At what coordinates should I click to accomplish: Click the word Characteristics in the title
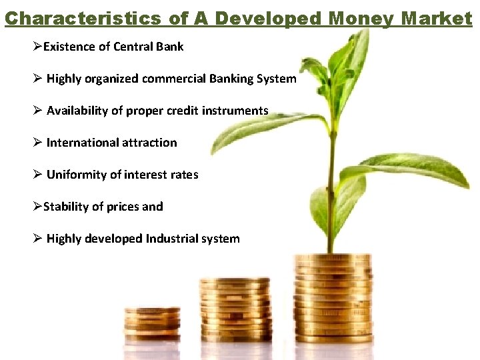tap(82, 18)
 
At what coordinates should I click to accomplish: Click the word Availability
tap(77, 111)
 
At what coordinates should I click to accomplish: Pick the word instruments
tap(236, 111)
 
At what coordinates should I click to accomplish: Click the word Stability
tap(65, 207)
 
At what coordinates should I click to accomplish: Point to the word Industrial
tap(176, 239)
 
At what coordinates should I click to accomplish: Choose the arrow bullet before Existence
tap(37, 47)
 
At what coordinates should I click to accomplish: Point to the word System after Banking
tap(276, 79)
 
